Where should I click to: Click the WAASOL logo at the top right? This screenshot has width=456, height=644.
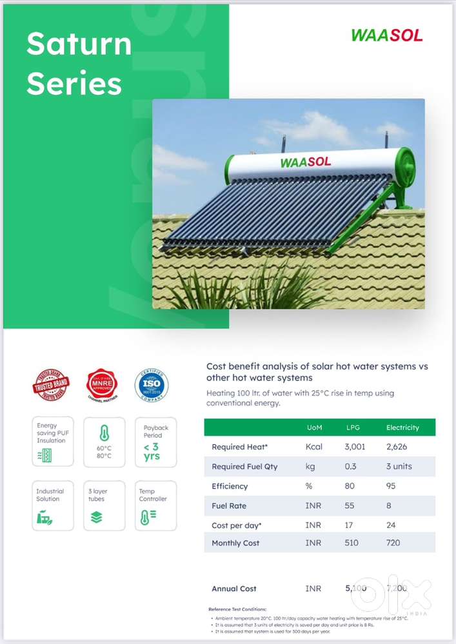387,35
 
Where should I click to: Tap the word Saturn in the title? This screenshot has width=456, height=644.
79,44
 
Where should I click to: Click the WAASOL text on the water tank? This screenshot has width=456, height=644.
305,161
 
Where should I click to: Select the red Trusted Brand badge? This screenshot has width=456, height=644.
51,385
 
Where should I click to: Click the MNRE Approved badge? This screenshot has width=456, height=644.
102,385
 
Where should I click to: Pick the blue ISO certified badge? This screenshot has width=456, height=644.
151,385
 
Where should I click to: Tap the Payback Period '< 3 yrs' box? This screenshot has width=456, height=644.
155,442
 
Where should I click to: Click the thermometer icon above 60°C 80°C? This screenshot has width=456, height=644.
104,433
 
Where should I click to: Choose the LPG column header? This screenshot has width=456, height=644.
353,427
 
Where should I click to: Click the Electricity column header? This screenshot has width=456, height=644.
402,427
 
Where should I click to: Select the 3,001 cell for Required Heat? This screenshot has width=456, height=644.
355,447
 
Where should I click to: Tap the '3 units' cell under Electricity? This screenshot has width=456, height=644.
399,466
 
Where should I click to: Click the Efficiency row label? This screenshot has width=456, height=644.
230,486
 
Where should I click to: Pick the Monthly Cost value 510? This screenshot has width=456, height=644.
352,543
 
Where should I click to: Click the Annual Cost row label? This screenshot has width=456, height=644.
234,589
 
